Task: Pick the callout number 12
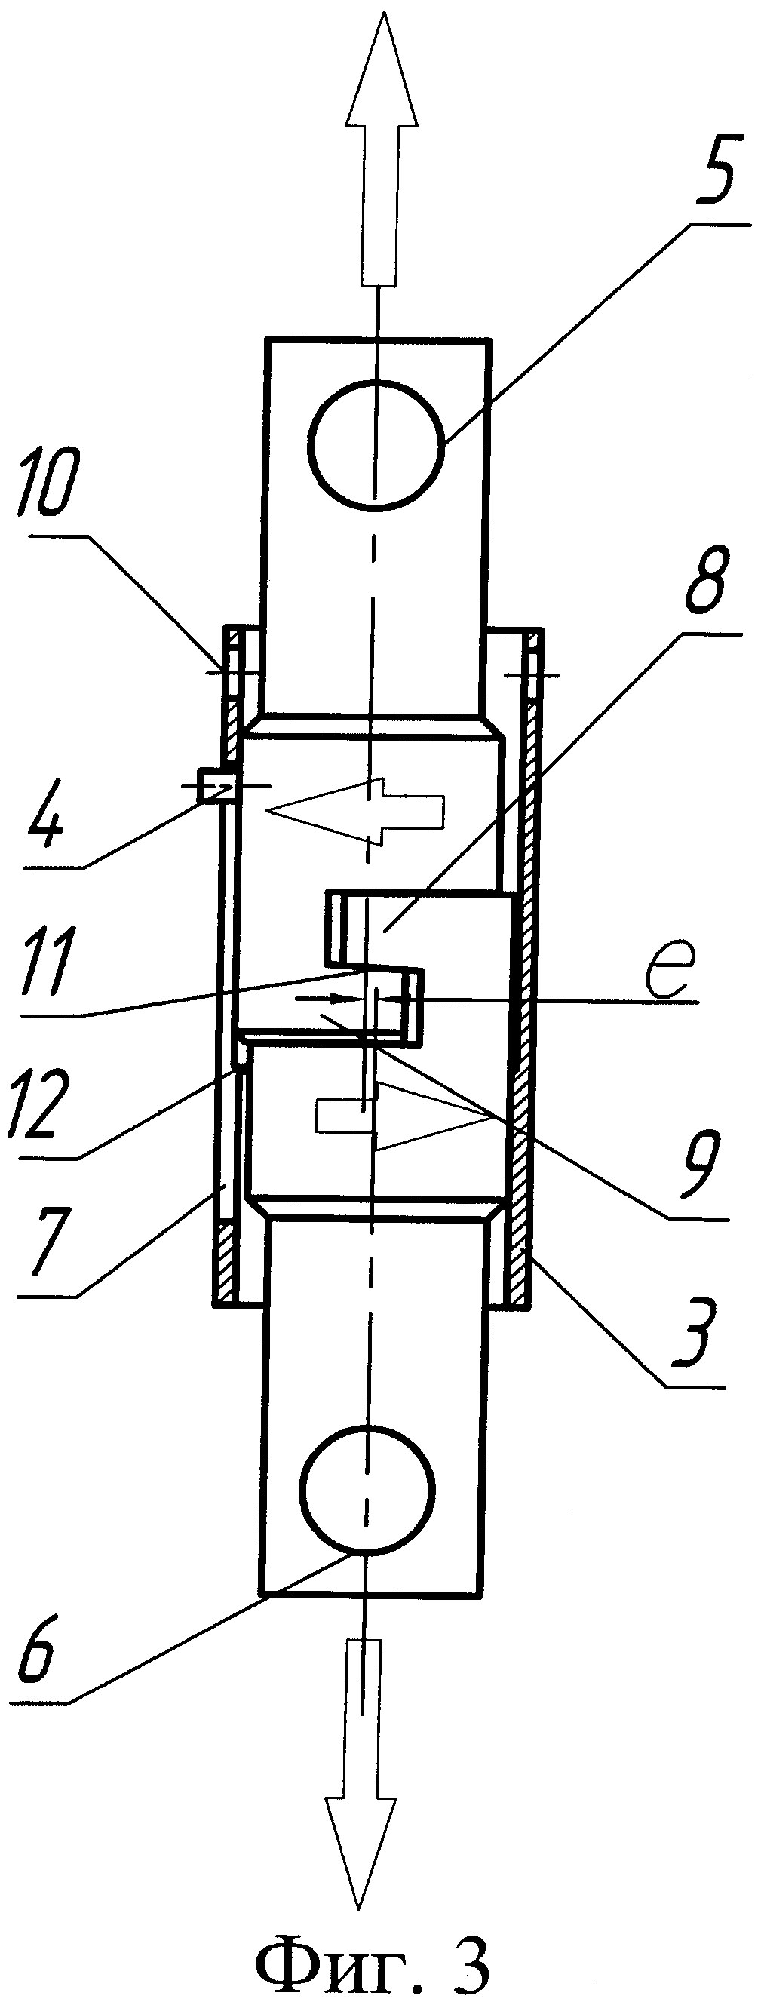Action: [x=36, y=1107]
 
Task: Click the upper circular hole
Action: [x=376, y=444]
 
